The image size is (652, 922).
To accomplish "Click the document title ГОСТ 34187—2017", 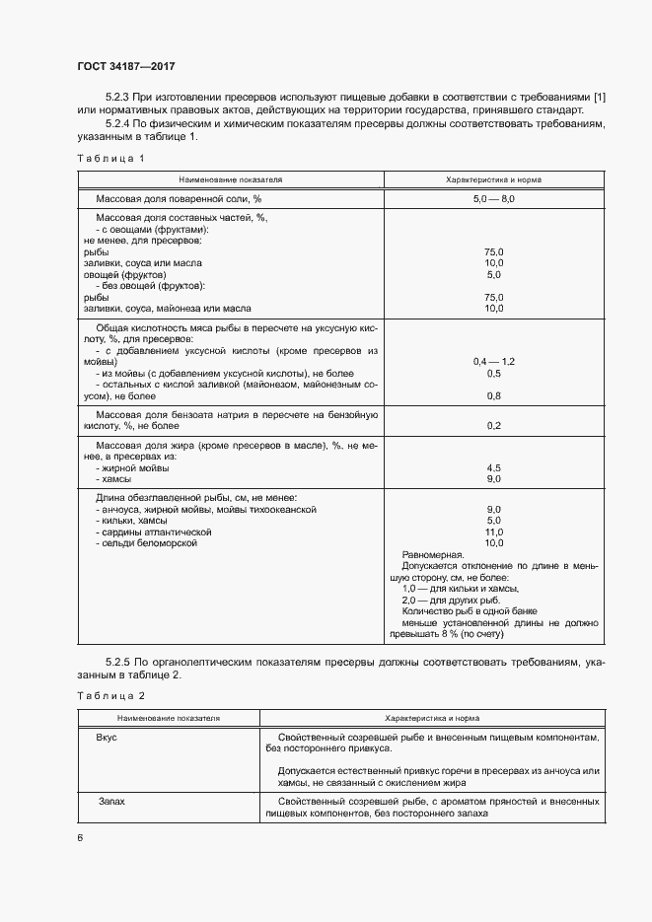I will (x=126, y=66).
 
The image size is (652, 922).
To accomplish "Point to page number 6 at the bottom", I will (x=80, y=838).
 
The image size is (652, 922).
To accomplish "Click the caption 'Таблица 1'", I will (x=110, y=158).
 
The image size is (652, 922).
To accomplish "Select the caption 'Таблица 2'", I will (x=110, y=695).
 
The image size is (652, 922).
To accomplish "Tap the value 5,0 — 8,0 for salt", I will (x=494, y=199).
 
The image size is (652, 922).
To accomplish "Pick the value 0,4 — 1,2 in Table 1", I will (x=494, y=362).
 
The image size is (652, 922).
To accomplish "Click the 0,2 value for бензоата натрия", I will (x=494, y=425).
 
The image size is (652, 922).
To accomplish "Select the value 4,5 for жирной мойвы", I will (x=494, y=467).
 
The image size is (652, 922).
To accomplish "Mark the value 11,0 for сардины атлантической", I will (x=494, y=532).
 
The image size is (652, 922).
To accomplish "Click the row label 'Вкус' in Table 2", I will (x=108, y=738).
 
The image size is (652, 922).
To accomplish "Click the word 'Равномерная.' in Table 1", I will (x=434, y=555).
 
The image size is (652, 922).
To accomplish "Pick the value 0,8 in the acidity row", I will (x=494, y=395).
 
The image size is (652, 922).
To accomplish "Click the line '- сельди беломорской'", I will (x=147, y=543).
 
